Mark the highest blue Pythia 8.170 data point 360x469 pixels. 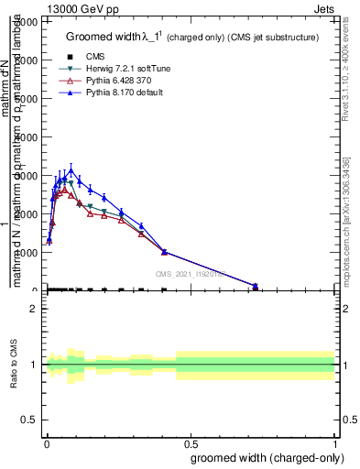[71, 170]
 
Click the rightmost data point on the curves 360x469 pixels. [256, 286]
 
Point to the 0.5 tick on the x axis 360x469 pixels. [191, 442]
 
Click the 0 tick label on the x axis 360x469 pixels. [47, 442]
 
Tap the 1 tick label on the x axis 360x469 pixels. [335, 442]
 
